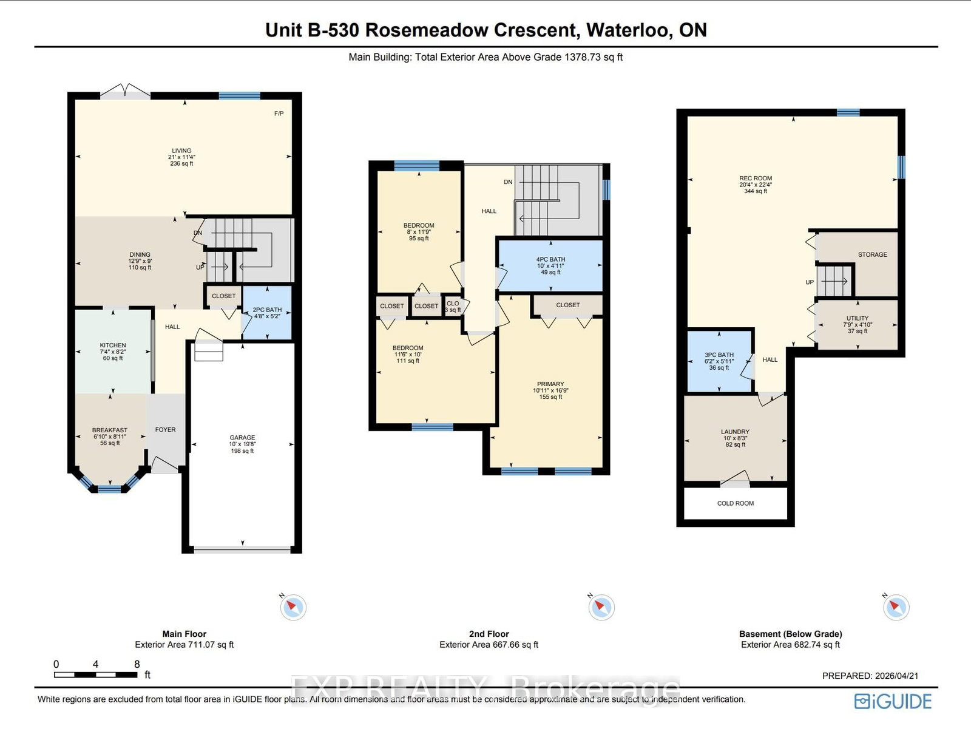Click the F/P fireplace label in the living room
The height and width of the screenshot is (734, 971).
tap(279, 114)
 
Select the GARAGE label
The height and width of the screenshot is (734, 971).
tap(242, 438)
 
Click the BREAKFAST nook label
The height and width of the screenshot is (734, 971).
tap(110, 430)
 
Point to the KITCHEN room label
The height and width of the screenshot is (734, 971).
tap(113, 345)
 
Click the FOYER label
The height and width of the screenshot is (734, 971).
tap(165, 430)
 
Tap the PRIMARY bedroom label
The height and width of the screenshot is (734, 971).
tap(550, 384)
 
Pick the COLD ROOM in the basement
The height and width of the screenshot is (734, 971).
tap(736, 503)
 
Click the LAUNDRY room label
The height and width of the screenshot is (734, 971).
tap(735, 432)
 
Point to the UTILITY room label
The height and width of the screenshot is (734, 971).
tap(858, 319)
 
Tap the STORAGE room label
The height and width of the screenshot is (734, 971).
tap(873, 255)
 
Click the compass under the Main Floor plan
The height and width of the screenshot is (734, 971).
tap(293, 607)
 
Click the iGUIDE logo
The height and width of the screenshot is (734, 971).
tap(893, 702)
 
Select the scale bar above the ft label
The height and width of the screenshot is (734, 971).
tap(96, 675)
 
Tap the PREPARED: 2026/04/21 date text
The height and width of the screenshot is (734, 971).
tap(870, 676)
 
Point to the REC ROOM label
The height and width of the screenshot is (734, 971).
tap(756, 178)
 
